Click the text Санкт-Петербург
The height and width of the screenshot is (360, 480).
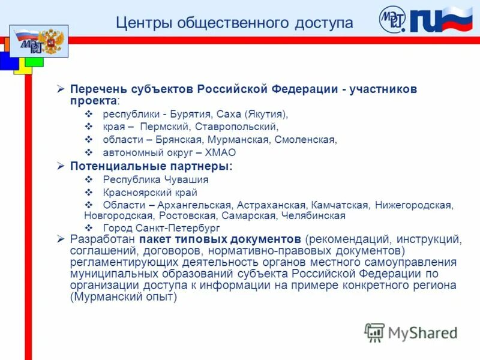coord(181,228)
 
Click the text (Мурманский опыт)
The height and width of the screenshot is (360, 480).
coord(124,297)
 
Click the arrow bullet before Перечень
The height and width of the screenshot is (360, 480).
coord(60,89)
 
